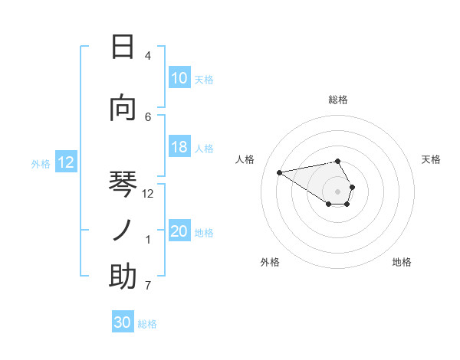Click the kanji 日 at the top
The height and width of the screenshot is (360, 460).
(x=123, y=47)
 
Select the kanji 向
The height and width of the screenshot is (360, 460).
(x=123, y=109)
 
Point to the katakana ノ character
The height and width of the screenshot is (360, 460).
(x=123, y=231)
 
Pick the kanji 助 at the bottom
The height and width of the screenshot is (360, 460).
(x=123, y=277)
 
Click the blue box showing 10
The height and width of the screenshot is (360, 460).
(x=179, y=78)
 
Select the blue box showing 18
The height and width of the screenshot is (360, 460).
(x=179, y=148)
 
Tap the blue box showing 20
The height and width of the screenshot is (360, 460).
(x=179, y=232)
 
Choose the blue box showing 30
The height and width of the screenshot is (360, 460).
(x=123, y=322)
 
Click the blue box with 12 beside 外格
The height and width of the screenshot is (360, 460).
(x=66, y=162)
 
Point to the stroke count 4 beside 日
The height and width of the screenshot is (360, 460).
(x=147, y=56)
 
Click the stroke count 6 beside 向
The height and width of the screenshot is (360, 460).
(x=148, y=116)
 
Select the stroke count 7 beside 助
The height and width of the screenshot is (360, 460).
(x=147, y=286)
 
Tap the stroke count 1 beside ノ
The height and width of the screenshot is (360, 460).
(x=148, y=240)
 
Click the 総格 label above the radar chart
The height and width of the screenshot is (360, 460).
(x=337, y=100)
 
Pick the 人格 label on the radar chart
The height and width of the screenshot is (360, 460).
(x=245, y=159)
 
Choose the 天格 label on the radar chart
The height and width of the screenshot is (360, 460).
(x=431, y=159)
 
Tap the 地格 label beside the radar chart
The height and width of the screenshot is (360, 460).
(x=402, y=262)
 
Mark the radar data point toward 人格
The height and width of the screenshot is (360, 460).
(x=280, y=172)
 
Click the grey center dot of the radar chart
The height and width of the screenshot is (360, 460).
(x=337, y=191)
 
